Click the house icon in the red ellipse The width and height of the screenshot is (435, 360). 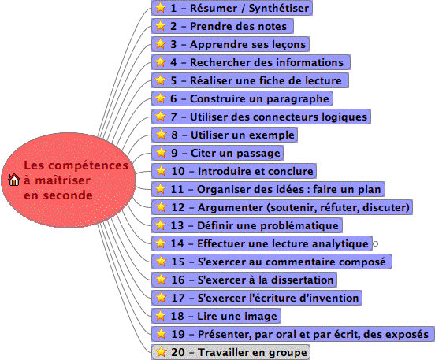coord(14,180)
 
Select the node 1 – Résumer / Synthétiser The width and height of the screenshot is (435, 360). coord(232,8)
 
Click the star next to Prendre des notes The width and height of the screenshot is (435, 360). coord(160,26)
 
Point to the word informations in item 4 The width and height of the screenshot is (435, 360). coord(310,62)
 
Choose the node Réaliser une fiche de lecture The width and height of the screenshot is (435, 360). coord(250,80)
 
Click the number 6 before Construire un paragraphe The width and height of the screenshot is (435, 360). coord(173,98)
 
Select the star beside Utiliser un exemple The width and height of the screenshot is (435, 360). coord(161,135)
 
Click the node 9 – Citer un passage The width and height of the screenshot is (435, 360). coord(217,153)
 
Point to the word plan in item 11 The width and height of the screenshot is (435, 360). coord(370,190)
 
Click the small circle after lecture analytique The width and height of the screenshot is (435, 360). coord(375,243)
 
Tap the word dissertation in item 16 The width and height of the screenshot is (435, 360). coord(302,280)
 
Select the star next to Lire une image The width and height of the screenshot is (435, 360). coord(160,316)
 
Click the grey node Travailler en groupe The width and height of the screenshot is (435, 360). coord(231,352)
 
